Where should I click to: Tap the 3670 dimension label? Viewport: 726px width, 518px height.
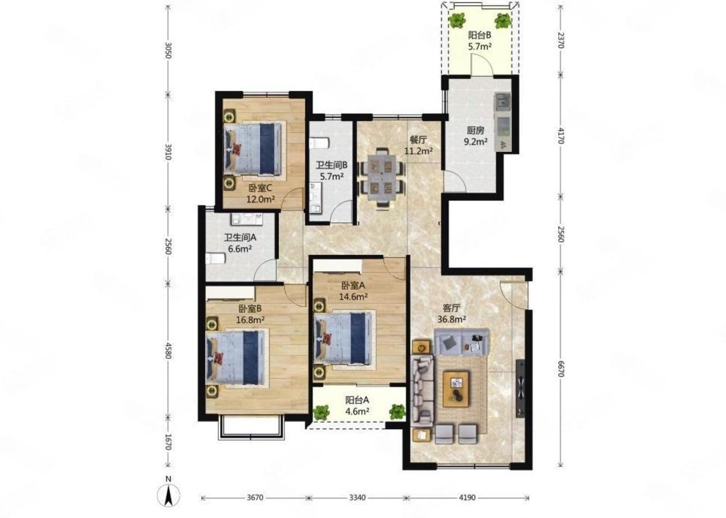click(x=255, y=498)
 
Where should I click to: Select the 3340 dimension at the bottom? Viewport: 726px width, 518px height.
click(x=357, y=498)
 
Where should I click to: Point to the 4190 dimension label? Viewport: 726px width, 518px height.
click(x=467, y=498)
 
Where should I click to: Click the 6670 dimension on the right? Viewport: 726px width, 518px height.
click(x=561, y=369)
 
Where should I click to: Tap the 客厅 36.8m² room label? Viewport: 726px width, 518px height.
click(x=452, y=314)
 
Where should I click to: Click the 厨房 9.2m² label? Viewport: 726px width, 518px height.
click(x=476, y=136)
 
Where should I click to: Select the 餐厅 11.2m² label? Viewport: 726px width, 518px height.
click(x=418, y=145)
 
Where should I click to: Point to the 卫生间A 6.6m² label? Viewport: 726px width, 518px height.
click(x=240, y=243)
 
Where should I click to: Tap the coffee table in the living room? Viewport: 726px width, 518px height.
click(x=456, y=389)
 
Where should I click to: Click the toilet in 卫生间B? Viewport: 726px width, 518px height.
click(x=319, y=143)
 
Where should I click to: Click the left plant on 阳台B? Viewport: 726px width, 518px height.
click(x=457, y=20)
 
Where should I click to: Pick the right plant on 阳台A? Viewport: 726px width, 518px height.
click(x=398, y=412)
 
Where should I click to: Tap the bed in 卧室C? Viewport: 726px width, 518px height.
click(x=253, y=149)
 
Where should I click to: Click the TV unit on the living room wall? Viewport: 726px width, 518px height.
click(x=520, y=388)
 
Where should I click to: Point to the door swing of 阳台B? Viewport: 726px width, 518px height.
click(x=482, y=64)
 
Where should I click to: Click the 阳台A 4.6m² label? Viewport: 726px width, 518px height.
click(x=357, y=405)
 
